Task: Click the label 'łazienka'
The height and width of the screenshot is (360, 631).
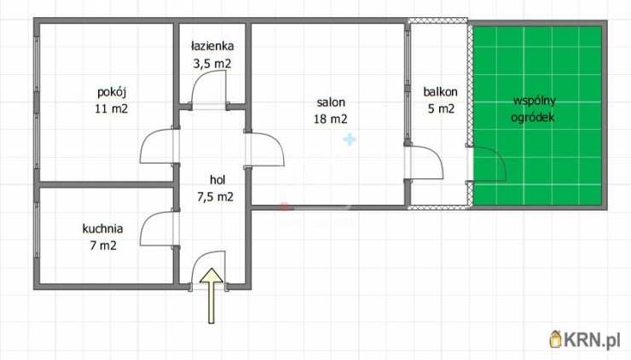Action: click(x=212, y=46)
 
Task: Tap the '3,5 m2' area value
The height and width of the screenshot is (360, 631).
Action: click(x=212, y=64)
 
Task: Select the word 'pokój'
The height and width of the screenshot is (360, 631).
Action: click(x=112, y=92)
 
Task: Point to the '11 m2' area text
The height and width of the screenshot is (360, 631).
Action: click(x=112, y=108)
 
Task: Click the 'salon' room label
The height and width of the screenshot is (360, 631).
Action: click(x=331, y=102)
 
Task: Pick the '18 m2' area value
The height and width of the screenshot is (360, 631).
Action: click(x=330, y=119)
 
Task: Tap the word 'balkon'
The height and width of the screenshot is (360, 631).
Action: click(x=440, y=92)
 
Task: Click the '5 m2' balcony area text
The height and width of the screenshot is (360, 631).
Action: click(x=441, y=108)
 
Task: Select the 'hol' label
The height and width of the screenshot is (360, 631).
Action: click(x=217, y=180)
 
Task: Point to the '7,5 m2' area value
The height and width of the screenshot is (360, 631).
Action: click(x=215, y=197)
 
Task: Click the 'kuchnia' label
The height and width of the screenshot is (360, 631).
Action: click(x=102, y=229)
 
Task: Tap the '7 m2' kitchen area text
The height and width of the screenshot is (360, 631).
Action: click(x=103, y=245)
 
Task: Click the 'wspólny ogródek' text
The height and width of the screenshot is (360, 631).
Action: click(x=534, y=108)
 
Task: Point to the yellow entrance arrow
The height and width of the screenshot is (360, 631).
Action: click(x=211, y=295)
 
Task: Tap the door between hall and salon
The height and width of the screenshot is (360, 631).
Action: click(x=278, y=145)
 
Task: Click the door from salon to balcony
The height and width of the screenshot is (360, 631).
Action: click(x=437, y=156)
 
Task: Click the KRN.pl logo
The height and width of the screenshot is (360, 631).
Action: click(x=585, y=340)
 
